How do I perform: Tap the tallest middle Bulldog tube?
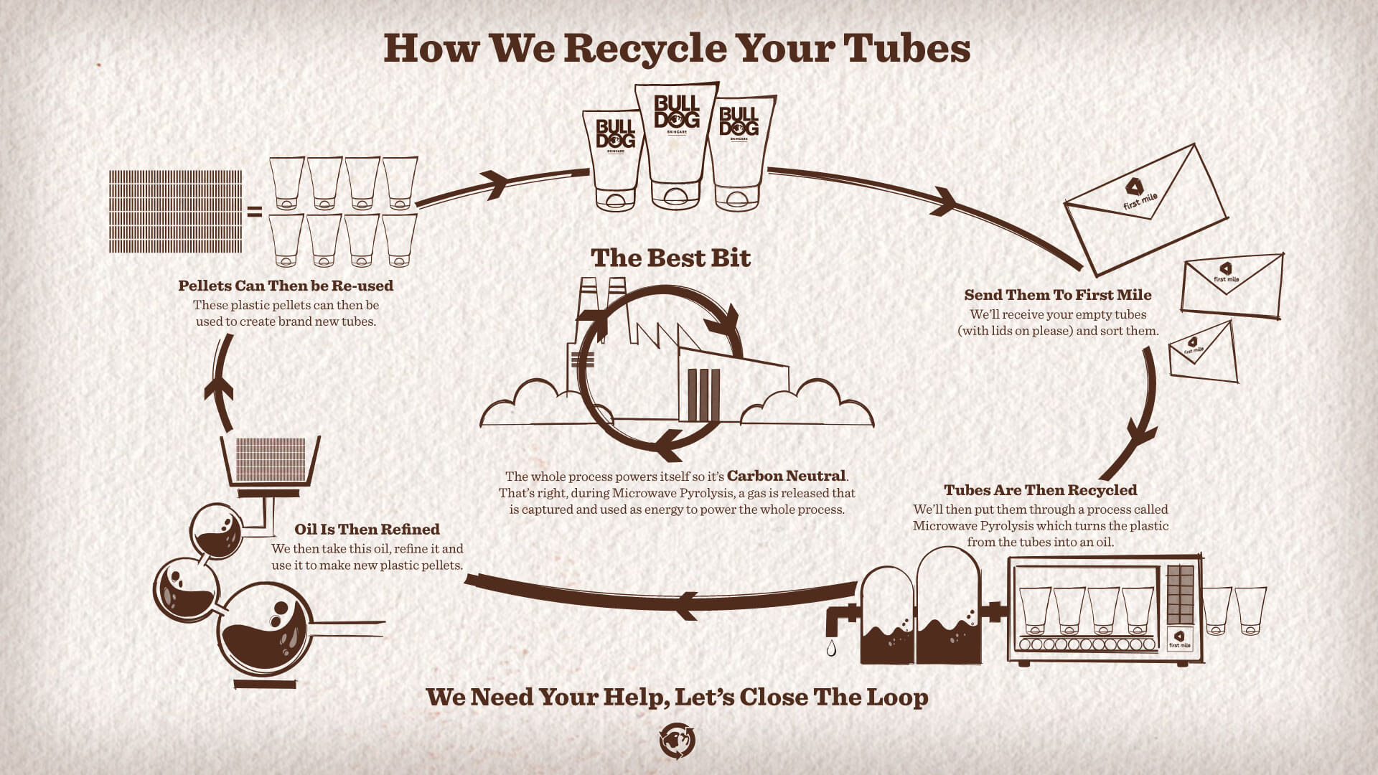(x=676, y=144)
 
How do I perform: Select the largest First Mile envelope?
(x=1144, y=207)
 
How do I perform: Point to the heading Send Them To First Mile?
(x=1057, y=295)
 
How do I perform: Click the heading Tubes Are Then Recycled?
(x=1040, y=490)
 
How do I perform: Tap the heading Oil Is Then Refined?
(x=367, y=530)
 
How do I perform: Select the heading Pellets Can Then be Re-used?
(x=286, y=286)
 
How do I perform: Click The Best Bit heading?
(x=670, y=258)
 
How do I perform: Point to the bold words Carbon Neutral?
(x=787, y=476)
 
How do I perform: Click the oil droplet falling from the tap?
(x=831, y=648)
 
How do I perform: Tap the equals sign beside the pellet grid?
(x=255, y=212)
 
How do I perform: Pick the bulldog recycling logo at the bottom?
(x=677, y=741)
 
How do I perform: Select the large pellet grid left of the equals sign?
(x=175, y=212)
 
